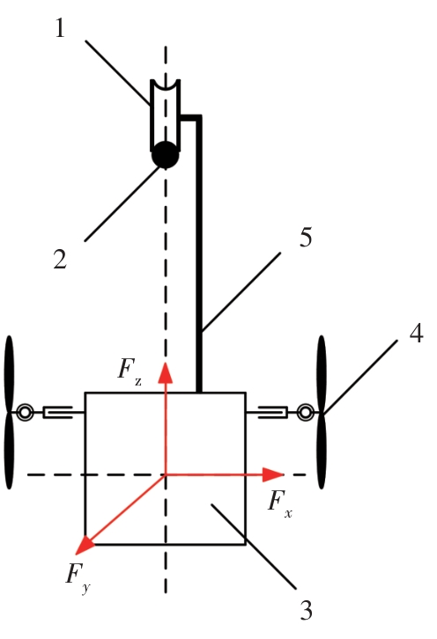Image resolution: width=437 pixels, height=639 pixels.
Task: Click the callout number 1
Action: (x=60, y=28)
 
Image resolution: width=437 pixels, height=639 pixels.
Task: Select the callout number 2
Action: (x=60, y=259)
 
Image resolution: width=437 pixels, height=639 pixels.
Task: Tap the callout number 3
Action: (x=306, y=610)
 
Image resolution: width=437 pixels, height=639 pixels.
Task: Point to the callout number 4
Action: (x=416, y=333)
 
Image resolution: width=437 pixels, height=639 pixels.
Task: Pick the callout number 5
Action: (x=306, y=237)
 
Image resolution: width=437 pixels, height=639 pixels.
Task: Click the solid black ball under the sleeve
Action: (x=166, y=155)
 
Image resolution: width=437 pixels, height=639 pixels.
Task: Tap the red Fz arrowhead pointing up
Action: (x=166, y=372)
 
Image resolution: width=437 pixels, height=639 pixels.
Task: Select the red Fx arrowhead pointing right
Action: (x=272, y=474)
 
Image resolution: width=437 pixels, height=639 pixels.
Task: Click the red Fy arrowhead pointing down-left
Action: (x=85, y=545)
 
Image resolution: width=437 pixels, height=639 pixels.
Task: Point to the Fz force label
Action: (x=130, y=370)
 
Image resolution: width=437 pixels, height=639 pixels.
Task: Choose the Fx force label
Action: (x=280, y=503)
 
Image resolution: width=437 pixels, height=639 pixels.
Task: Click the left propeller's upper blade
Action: (x=9, y=374)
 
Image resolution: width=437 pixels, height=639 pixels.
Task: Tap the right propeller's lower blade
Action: (x=322, y=451)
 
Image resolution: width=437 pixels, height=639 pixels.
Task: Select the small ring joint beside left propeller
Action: (x=25, y=413)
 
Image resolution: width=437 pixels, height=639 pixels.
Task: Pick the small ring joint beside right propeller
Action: (x=305, y=412)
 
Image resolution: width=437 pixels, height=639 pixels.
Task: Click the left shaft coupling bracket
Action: (x=57, y=412)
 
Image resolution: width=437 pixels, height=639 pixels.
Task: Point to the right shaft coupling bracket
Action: (x=273, y=412)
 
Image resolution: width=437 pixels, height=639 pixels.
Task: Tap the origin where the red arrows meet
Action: (x=166, y=474)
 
